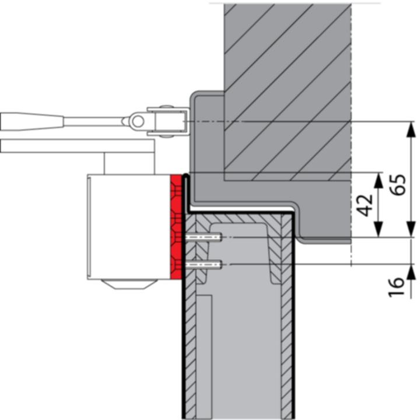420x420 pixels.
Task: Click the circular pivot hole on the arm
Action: pyautogui.click(x=137, y=121)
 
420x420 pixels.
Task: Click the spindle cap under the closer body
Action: pyautogui.click(x=129, y=284)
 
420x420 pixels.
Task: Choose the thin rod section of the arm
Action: pyautogui.click(x=93, y=121)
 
